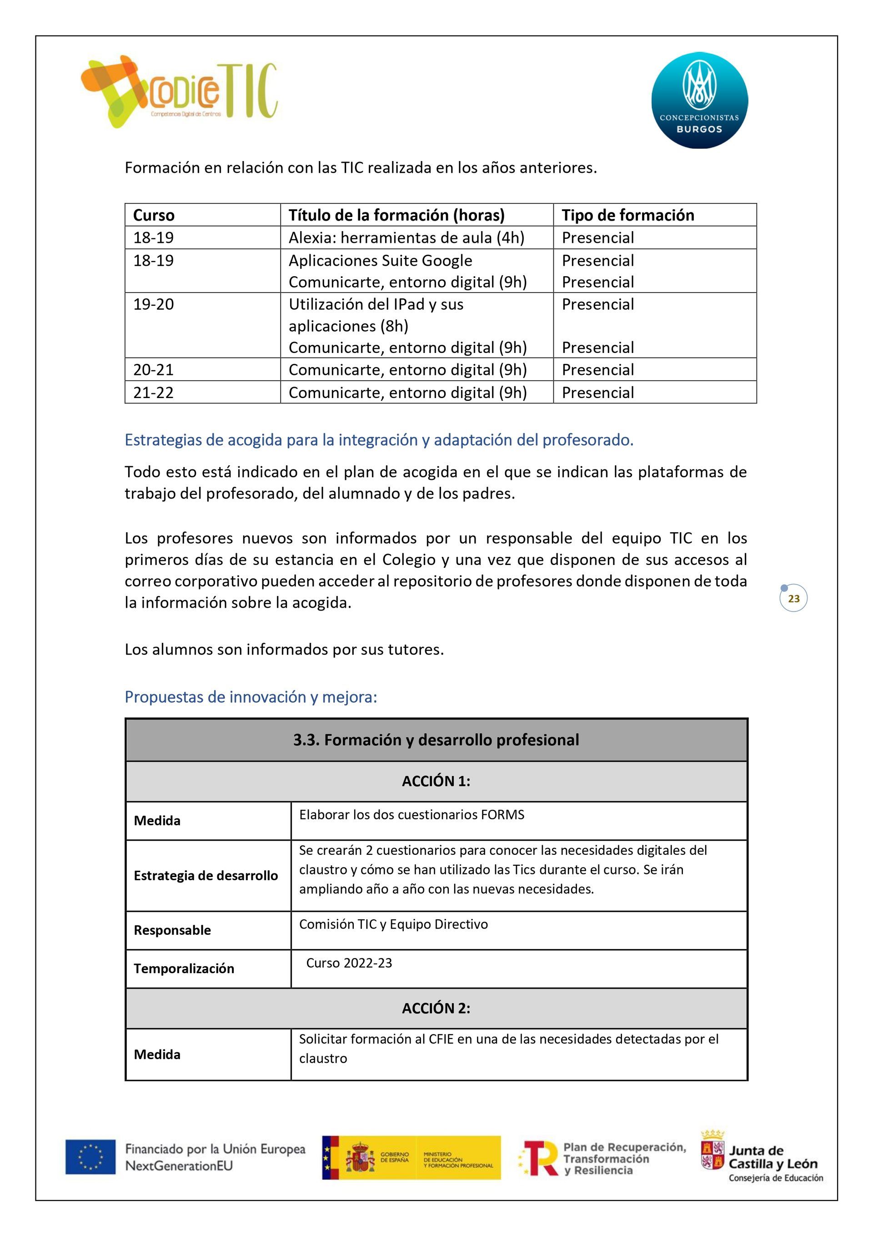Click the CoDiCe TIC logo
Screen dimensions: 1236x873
[179, 91]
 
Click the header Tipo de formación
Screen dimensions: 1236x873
[627, 215]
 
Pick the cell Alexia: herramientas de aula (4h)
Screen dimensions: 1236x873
[406, 237]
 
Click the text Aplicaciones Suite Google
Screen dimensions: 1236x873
[380, 261]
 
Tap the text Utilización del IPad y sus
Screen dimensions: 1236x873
[376, 304]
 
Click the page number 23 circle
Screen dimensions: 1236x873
[793, 599]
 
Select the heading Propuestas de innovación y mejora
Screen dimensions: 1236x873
[251, 697]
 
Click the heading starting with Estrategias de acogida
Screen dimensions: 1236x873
[379, 440]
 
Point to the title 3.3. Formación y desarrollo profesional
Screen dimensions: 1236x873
[436, 740]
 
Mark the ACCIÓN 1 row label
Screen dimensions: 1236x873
[436, 781]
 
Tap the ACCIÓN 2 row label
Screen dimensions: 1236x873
[436, 1008]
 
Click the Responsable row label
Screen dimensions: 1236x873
[172, 930]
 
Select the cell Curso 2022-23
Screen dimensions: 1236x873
[349, 963]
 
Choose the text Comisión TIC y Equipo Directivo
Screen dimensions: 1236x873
[393, 924]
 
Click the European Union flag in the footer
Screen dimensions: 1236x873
[90, 1156]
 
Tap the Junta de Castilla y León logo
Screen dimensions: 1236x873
[762, 1156]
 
